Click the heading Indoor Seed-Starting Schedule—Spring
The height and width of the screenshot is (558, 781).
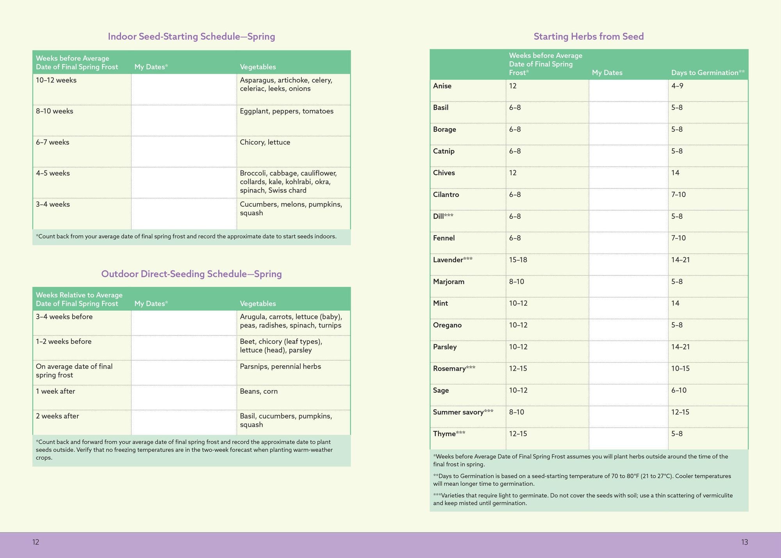click(x=191, y=36)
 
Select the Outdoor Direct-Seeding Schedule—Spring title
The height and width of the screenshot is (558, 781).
click(x=191, y=274)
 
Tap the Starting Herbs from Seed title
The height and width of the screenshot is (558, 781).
click(x=588, y=36)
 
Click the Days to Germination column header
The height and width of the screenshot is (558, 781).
click(x=708, y=73)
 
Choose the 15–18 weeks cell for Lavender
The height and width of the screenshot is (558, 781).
click(x=518, y=260)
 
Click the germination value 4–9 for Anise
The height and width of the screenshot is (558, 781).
click(x=677, y=86)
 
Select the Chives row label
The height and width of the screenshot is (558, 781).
click(x=444, y=173)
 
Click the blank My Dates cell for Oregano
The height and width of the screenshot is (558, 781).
click(x=628, y=329)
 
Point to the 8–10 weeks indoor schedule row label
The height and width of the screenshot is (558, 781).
click(x=54, y=111)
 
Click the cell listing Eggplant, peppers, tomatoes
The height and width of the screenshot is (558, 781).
click(x=287, y=111)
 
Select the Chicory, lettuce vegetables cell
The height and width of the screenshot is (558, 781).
click(x=265, y=142)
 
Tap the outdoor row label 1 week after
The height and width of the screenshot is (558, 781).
click(x=55, y=391)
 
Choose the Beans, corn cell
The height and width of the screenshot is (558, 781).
click(x=259, y=391)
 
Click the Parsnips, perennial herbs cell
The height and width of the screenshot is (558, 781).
click(x=280, y=367)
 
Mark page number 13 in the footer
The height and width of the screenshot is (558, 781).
click(x=744, y=542)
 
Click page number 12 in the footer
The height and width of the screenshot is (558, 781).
click(x=36, y=542)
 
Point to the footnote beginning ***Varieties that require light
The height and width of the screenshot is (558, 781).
click(x=583, y=499)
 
